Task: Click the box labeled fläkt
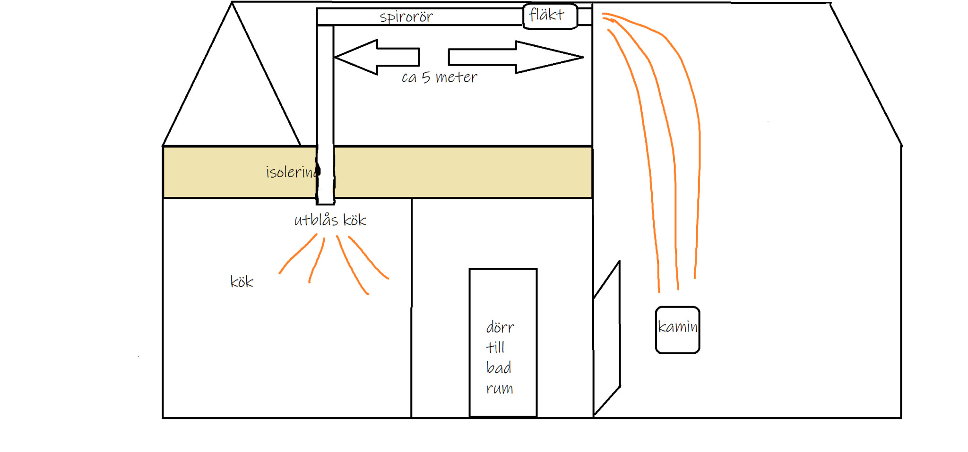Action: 550,16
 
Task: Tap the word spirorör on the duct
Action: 406,17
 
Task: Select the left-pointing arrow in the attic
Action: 376,57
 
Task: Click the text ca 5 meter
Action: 439,77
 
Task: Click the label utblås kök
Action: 330,220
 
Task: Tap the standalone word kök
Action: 242,282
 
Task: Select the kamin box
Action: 677,330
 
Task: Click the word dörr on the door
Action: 500,327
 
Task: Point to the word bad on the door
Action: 499,367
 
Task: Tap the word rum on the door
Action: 499,388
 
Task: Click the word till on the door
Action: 495,348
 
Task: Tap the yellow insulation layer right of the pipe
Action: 463,172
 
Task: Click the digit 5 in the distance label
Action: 426,77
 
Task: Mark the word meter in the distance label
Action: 456,77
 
